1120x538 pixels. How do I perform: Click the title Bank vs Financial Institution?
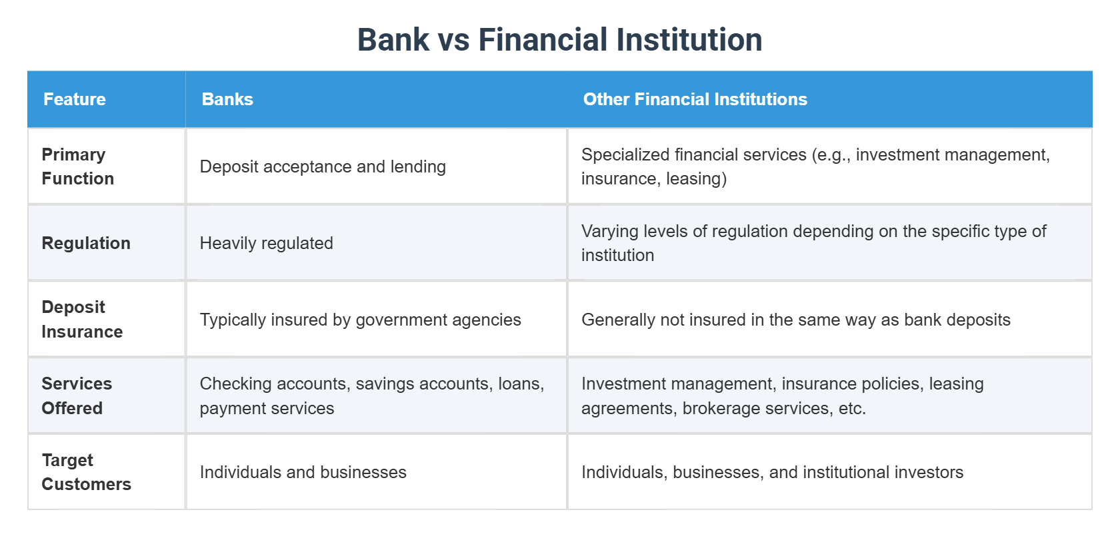click(x=559, y=39)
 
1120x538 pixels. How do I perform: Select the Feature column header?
click(x=75, y=99)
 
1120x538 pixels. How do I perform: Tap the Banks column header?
click(x=227, y=99)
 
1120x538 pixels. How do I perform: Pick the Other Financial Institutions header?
click(x=695, y=99)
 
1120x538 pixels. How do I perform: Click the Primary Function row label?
click(x=77, y=166)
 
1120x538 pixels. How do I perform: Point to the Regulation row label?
click(x=86, y=243)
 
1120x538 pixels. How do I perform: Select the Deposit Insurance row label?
click(x=82, y=320)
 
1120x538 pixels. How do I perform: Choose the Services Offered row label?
click(x=77, y=396)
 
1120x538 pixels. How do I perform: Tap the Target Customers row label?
click(x=86, y=472)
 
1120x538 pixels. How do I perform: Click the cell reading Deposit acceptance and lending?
click(x=323, y=166)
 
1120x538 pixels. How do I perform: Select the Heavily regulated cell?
click(x=266, y=243)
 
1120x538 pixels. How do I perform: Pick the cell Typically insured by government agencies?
click(x=360, y=320)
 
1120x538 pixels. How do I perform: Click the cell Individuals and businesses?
click(x=303, y=472)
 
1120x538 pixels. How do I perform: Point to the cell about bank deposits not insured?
click(x=795, y=320)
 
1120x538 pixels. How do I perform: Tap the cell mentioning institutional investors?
click(x=772, y=472)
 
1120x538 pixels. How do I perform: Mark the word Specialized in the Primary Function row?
click(x=625, y=154)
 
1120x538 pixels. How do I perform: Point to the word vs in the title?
click(x=453, y=40)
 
